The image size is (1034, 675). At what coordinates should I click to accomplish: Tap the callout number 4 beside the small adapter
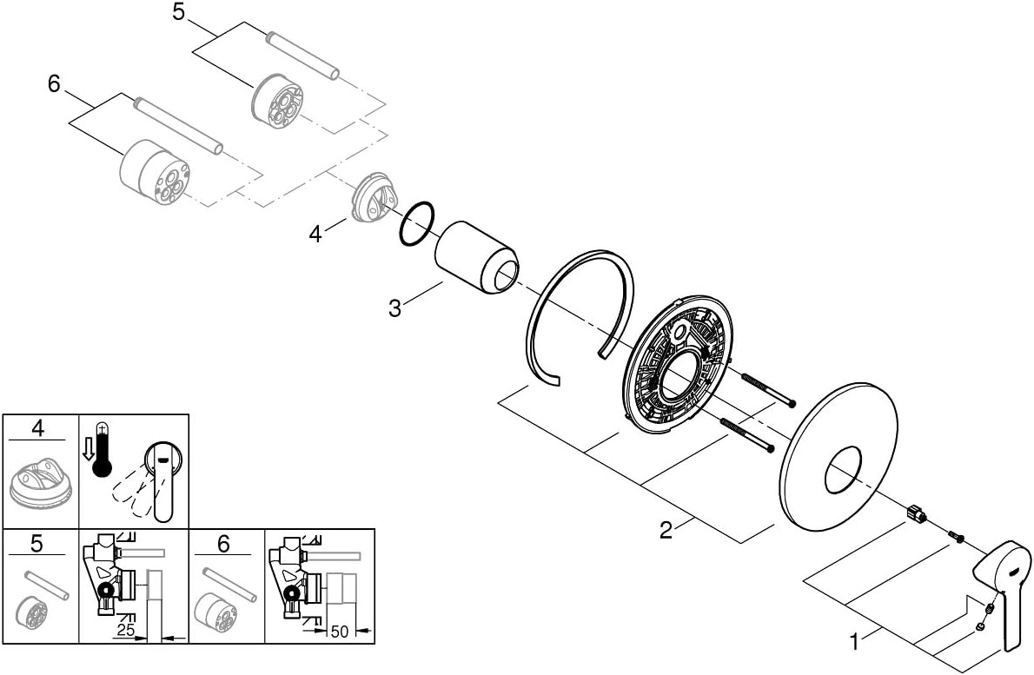(x=315, y=233)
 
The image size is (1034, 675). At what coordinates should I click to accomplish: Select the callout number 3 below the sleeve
(x=395, y=308)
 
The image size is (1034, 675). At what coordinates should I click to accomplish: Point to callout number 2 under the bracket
(x=666, y=529)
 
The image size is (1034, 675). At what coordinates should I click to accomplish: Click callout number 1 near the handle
(x=855, y=642)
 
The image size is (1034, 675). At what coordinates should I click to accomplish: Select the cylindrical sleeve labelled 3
(x=477, y=258)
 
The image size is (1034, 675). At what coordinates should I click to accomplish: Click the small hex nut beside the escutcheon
(x=914, y=513)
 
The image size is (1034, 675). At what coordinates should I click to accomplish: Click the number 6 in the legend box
(x=223, y=544)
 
